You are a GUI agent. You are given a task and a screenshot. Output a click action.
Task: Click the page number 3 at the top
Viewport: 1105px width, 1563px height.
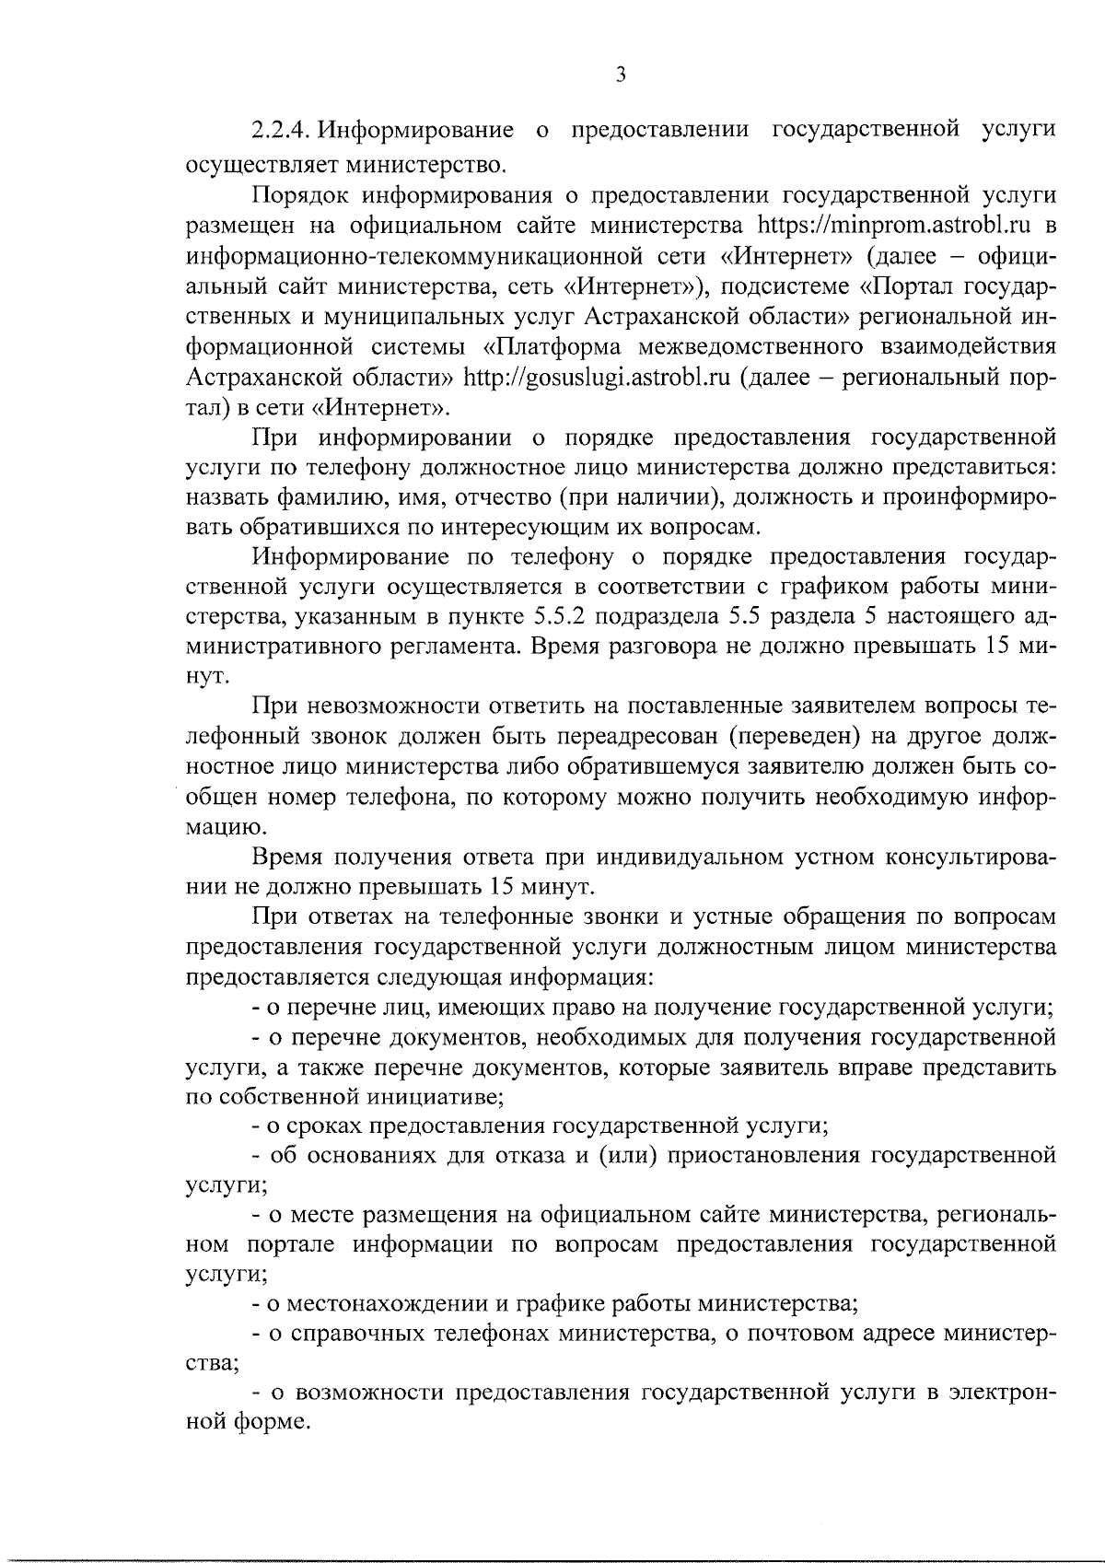[x=620, y=76]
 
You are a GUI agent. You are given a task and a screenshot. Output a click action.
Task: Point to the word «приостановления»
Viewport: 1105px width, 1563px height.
[x=762, y=1155]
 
